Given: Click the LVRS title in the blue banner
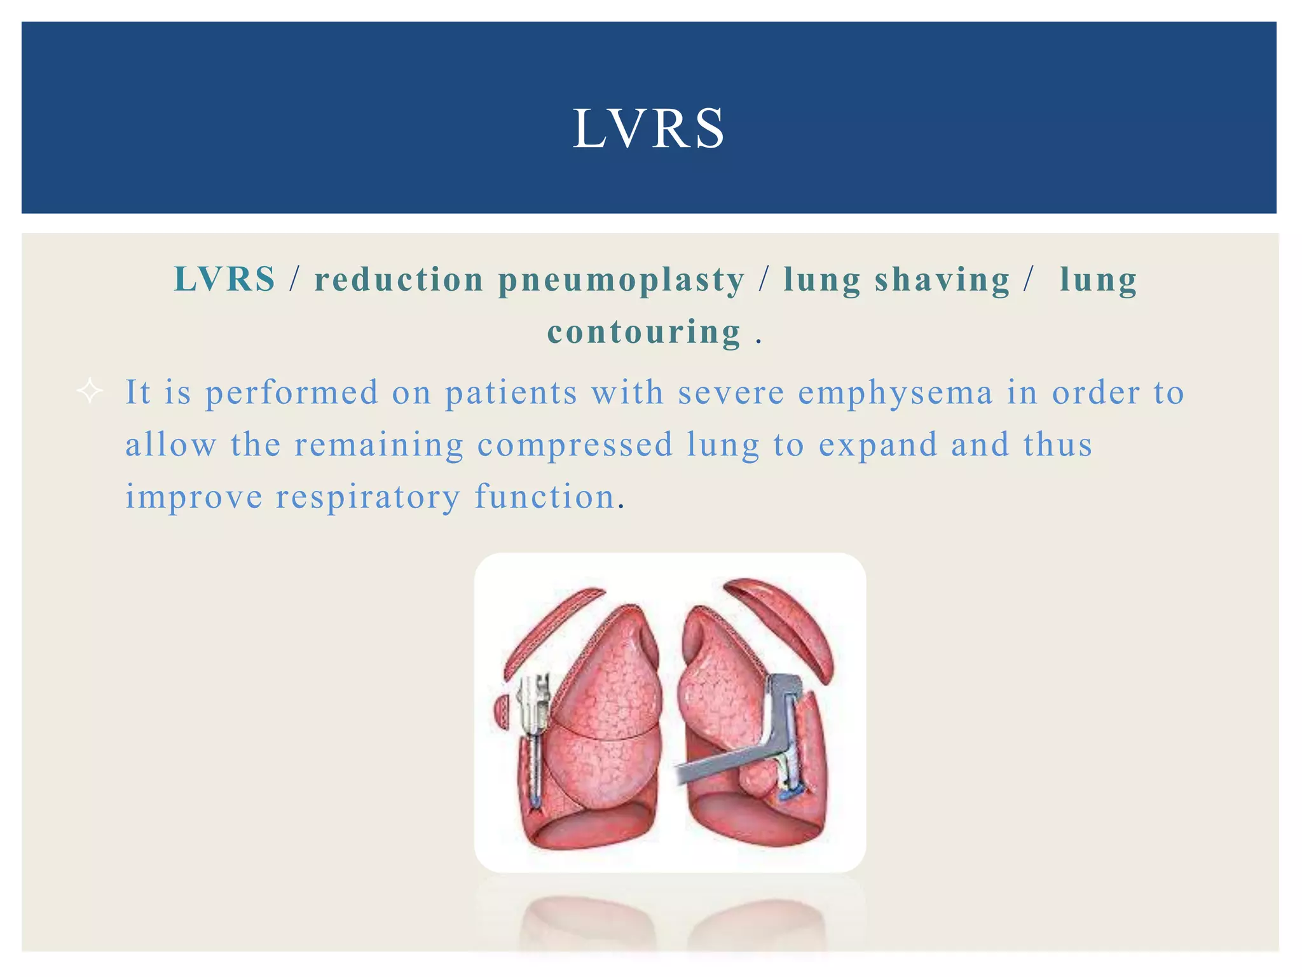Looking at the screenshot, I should point(648,129).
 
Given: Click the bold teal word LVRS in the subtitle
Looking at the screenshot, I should point(225,279).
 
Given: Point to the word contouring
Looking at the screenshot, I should point(644,332).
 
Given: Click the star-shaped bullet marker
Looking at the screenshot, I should point(90,391).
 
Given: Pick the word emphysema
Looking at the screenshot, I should point(895,393).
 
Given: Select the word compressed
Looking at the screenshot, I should point(575,445).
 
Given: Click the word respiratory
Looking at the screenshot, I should point(367,497).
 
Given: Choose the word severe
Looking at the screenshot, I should point(731,392).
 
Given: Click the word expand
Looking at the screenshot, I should point(878,445).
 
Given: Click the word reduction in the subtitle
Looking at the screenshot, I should point(399,280).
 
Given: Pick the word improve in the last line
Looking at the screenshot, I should point(194,497).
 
